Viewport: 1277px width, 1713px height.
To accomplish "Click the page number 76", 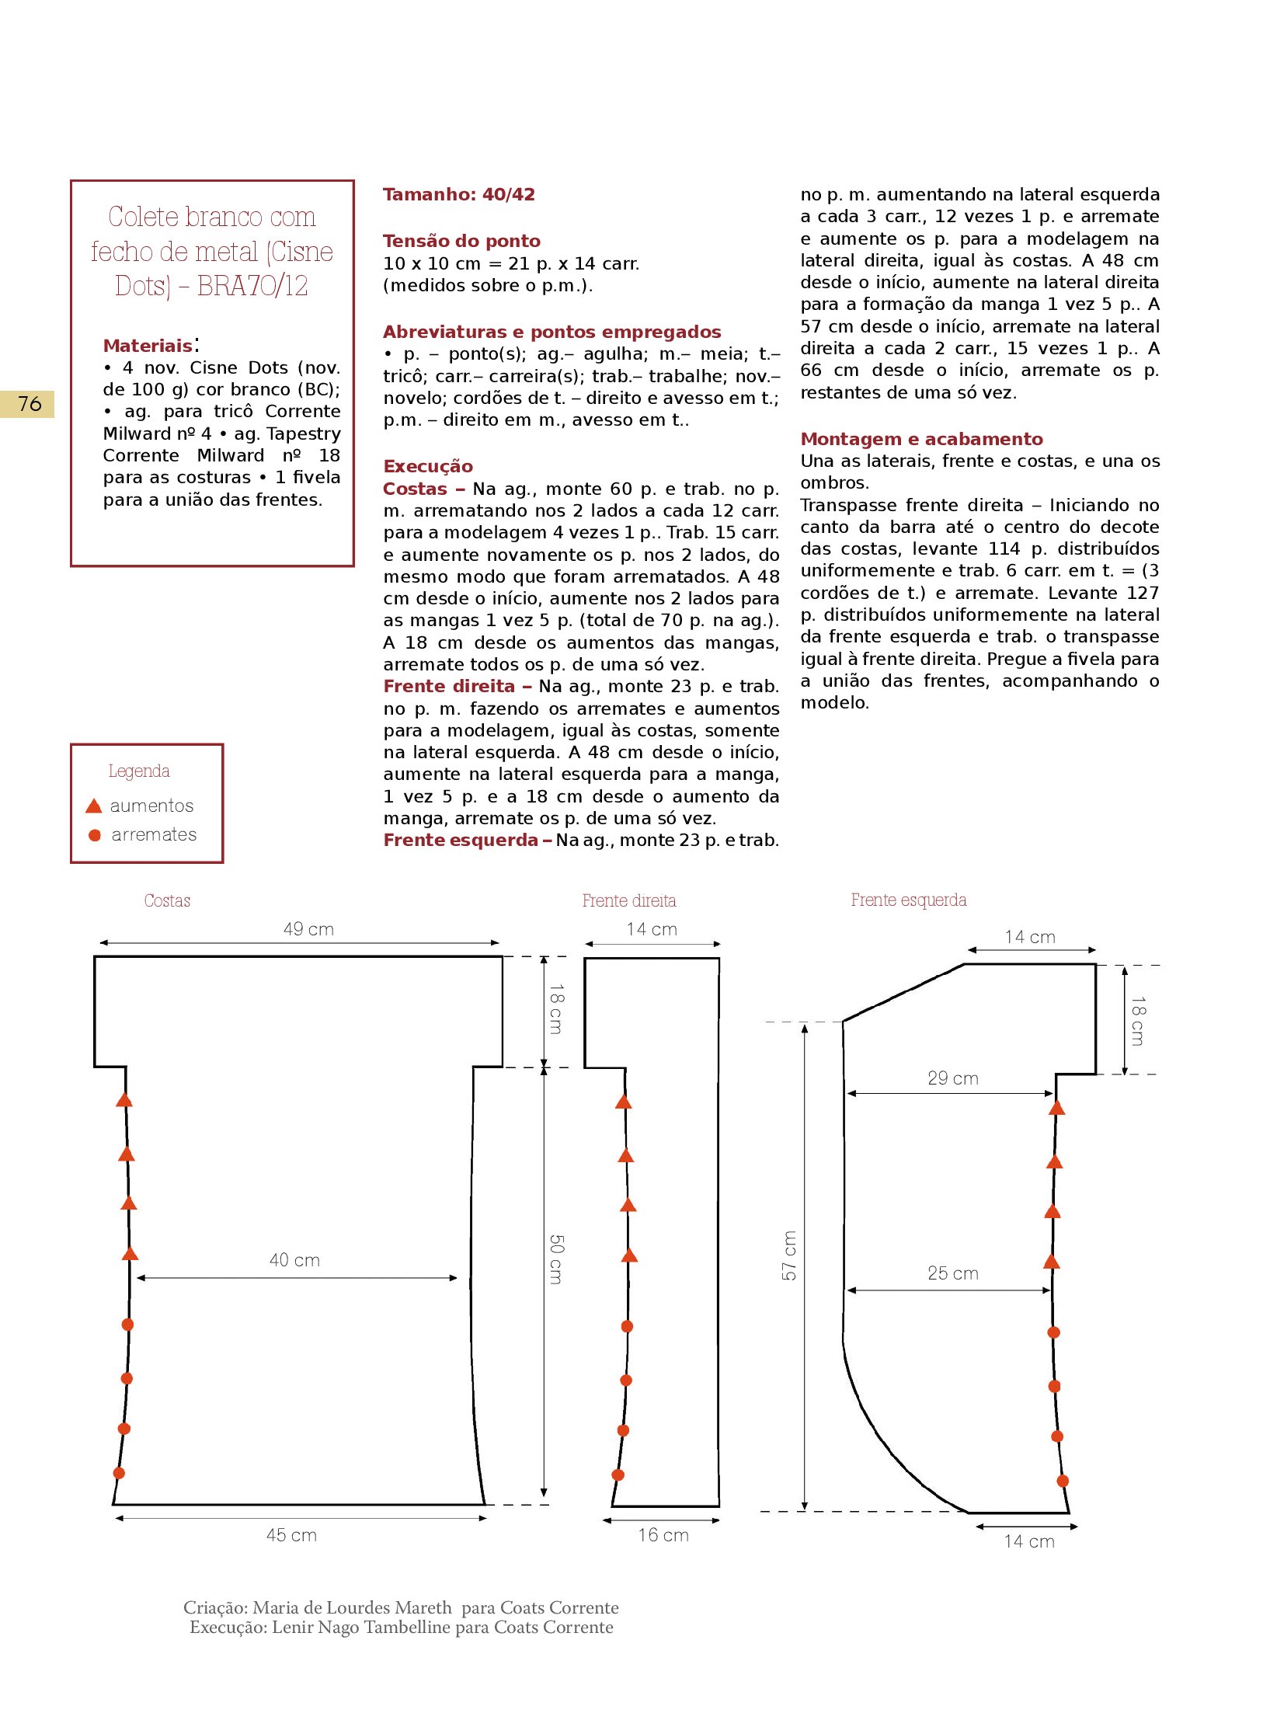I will click(30, 404).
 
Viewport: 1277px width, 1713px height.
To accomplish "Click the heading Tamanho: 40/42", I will click(458, 194).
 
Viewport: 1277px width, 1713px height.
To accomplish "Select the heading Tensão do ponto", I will click(461, 241).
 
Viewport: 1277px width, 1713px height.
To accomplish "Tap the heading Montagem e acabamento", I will click(921, 439).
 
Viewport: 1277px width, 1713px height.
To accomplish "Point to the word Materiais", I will click(148, 346).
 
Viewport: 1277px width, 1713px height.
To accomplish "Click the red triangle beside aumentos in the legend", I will click(94, 806).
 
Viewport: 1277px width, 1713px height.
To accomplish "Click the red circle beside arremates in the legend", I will click(95, 835).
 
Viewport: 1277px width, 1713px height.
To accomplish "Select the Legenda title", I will click(139, 771).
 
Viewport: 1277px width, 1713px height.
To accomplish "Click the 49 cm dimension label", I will click(308, 929).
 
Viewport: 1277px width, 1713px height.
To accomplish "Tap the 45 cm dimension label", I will click(291, 1535).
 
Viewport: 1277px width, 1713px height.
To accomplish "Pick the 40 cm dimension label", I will click(294, 1260).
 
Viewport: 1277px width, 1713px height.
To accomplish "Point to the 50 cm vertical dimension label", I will click(556, 1259).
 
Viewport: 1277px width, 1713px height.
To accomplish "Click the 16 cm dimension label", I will click(663, 1535).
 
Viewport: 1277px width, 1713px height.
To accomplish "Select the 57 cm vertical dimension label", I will click(789, 1255).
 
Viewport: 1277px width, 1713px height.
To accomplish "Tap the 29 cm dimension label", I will click(952, 1078).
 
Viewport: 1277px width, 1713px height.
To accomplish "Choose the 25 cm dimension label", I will click(952, 1273).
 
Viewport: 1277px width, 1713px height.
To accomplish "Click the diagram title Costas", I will click(167, 900).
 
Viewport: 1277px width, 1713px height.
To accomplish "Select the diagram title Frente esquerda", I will click(909, 900).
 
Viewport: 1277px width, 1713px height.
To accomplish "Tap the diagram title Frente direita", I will click(629, 900).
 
